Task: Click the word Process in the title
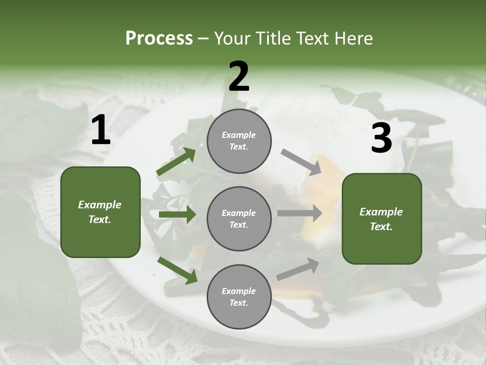coord(159,38)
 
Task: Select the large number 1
coord(101,130)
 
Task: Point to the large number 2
coord(239,77)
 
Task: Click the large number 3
coord(382,138)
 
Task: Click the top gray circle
coord(239,141)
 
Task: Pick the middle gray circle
coord(239,218)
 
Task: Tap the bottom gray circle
coord(239,297)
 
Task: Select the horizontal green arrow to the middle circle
coord(177,214)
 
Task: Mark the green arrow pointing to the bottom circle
coord(177,270)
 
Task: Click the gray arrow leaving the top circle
coord(301,162)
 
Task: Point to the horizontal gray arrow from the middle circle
coord(299,213)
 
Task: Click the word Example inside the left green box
coord(100,205)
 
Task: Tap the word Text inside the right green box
coord(381,227)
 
